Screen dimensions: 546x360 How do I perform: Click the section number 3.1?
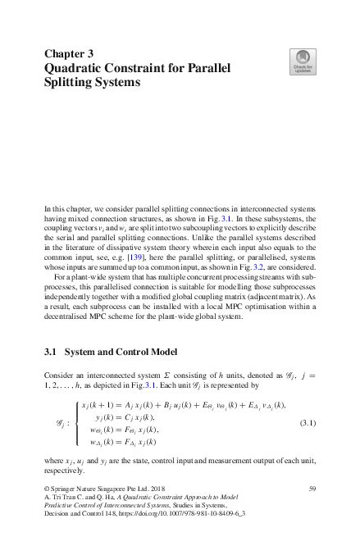click(x=50, y=353)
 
